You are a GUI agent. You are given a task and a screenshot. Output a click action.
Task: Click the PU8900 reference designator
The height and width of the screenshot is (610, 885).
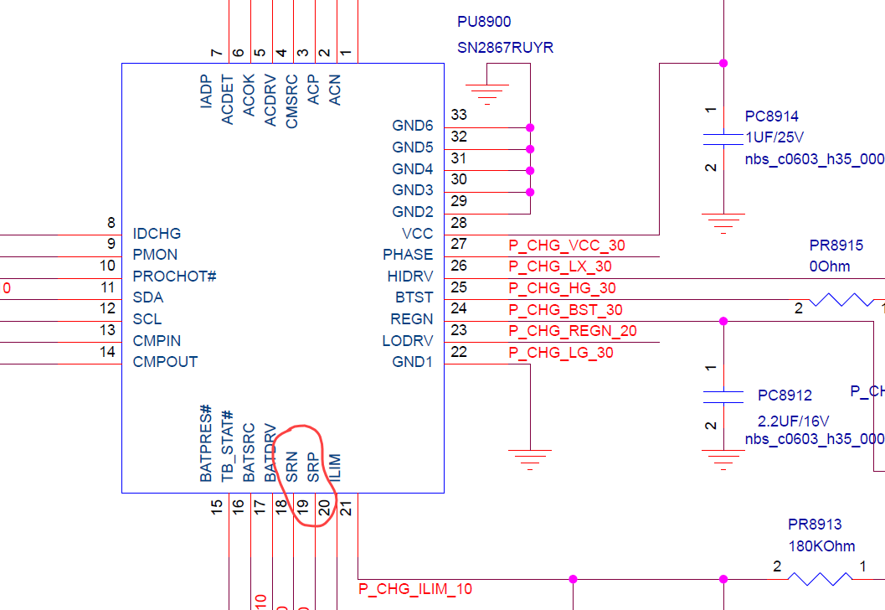(x=484, y=22)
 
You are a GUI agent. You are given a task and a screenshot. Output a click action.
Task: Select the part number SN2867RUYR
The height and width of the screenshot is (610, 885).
(x=505, y=48)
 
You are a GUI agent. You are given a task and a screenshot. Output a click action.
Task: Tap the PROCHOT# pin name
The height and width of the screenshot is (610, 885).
(x=174, y=277)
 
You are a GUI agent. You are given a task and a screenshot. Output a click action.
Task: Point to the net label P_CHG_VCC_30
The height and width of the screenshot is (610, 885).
(x=567, y=246)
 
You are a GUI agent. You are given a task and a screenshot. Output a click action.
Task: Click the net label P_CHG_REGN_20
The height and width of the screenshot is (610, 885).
(x=573, y=330)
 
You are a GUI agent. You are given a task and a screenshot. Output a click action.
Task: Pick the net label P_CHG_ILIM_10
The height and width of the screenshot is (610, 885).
(x=415, y=589)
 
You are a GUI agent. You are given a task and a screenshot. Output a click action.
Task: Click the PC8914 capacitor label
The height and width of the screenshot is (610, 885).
(x=772, y=116)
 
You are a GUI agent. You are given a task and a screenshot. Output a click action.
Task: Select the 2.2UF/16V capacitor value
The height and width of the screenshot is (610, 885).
(x=793, y=421)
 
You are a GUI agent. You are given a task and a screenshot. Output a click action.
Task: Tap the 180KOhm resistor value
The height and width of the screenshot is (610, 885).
(x=821, y=546)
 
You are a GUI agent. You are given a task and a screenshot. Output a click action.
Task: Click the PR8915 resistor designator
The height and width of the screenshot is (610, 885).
(x=836, y=246)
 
